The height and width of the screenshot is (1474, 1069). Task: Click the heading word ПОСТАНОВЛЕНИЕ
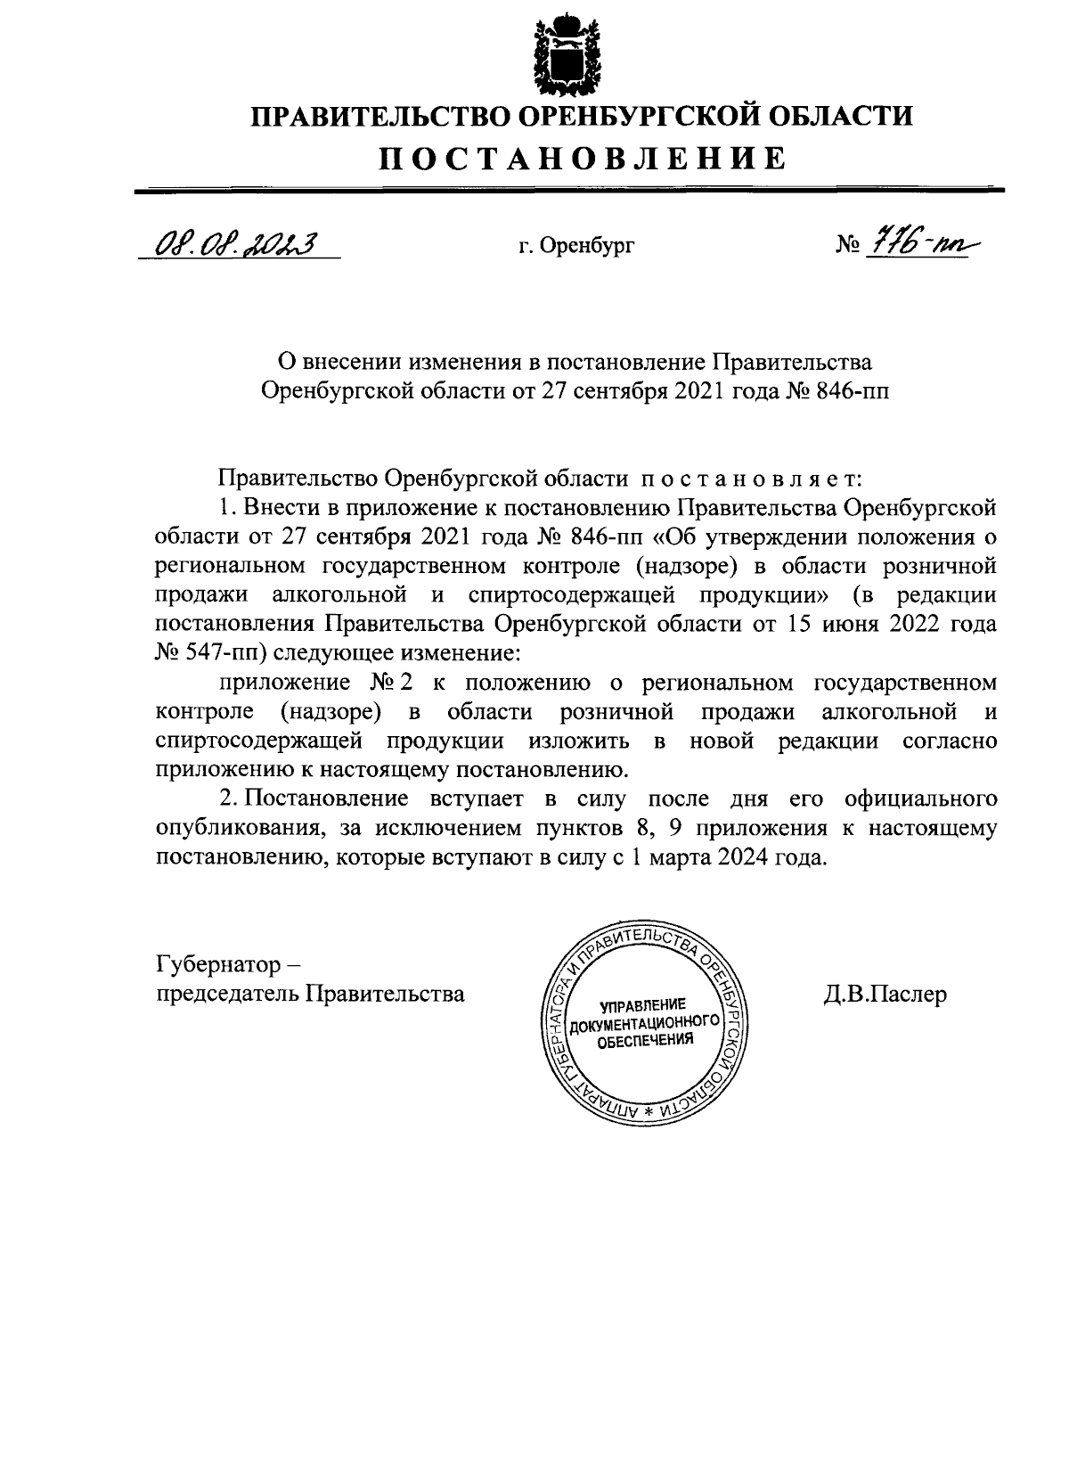[x=583, y=159]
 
